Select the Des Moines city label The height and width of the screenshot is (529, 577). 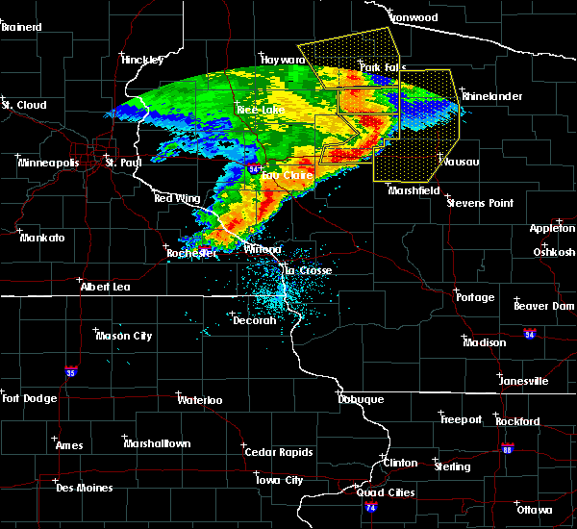pos(84,488)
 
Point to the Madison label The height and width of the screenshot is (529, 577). pos(484,342)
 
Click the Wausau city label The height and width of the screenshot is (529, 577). pos(461,162)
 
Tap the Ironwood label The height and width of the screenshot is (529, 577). pos(414,17)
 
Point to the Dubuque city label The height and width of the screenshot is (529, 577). pos(361,399)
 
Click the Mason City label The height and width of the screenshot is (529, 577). pos(123,336)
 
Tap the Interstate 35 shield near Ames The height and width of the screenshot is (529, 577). pos(70,369)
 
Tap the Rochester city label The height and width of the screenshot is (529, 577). pos(188,254)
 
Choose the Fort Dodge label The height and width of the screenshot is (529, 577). pos(28,398)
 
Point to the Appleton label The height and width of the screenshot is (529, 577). pos(552,228)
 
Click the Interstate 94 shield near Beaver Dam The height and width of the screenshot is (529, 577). pos(529,334)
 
